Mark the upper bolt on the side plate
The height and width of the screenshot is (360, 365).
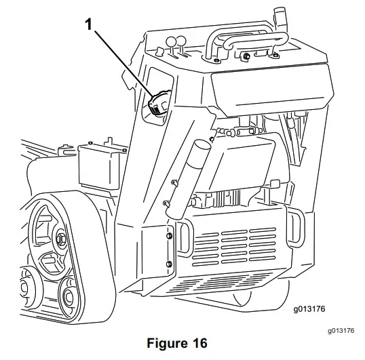click(x=168, y=236)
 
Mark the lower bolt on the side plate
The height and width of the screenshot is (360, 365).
click(x=168, y=262)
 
